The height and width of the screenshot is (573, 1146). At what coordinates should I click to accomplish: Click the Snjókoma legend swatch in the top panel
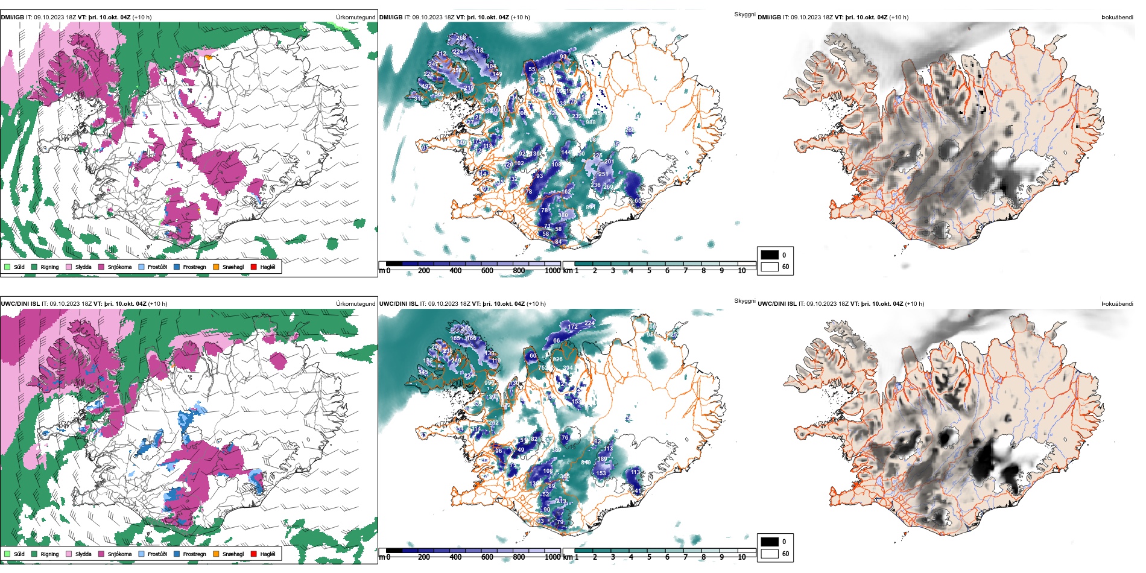pos(101,267)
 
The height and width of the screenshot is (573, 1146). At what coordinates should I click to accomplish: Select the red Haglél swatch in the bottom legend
pos(254,554)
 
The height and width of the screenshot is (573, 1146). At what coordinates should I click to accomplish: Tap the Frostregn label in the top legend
pos(194,267)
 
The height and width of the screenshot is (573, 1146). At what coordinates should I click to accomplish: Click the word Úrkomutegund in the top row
pos(355,17)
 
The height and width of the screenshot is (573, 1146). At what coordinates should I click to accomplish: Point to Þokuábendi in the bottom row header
pos(1117,304)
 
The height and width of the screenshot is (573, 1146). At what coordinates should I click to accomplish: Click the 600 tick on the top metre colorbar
pos(487,271)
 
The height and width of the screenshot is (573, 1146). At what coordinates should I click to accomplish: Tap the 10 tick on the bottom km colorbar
pos(742,557)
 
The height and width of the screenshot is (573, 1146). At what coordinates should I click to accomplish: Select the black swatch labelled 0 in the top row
pos(770,255)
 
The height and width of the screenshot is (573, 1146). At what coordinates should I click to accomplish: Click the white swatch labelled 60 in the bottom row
pos(770,554)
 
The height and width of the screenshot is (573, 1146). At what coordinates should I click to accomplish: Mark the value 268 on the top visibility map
pos(461,38)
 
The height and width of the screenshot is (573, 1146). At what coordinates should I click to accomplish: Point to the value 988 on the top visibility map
pos(590,122)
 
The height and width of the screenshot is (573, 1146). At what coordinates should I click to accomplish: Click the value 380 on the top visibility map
pos(563,215)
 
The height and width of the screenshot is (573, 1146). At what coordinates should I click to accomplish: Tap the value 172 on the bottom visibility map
pos(573,327)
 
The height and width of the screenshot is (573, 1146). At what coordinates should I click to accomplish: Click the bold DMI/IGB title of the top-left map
pos(13,17)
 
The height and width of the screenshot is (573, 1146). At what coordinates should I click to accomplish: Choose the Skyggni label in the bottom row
pos(744,300)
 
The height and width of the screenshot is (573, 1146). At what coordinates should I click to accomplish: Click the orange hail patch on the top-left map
pos(209,58)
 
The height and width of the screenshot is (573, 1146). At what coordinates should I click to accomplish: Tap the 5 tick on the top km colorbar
pos(649,271)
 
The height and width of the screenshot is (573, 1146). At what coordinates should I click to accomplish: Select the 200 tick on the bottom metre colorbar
pos(424,557)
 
